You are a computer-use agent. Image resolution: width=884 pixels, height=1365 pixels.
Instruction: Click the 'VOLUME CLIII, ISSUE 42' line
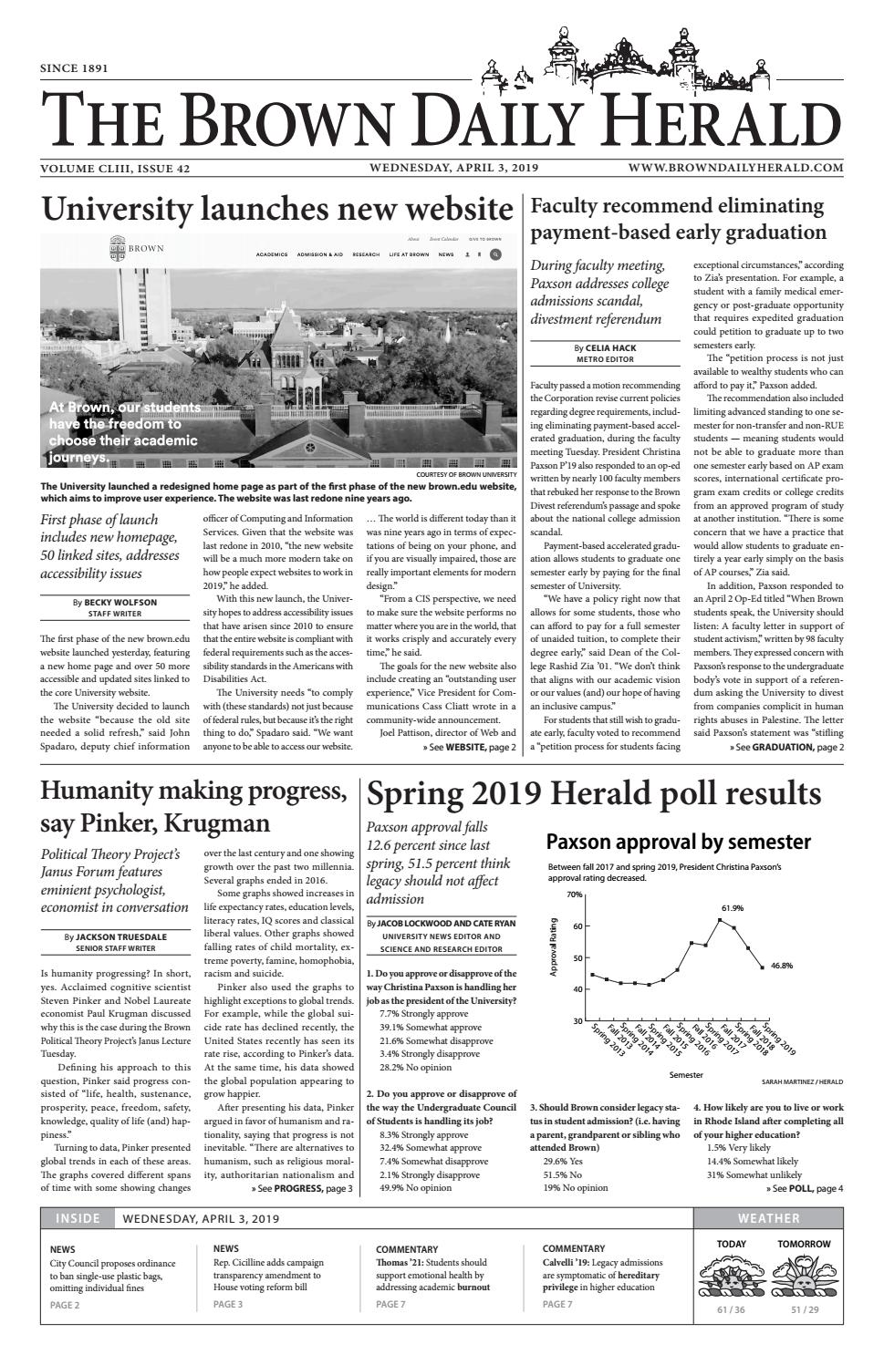115,169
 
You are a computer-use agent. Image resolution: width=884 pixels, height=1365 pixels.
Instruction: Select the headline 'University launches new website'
277,210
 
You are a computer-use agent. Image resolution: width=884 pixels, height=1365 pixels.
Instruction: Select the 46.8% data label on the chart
781,966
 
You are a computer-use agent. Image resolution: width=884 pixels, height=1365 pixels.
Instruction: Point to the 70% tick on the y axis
574,894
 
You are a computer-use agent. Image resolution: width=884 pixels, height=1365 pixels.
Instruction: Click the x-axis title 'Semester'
686,1075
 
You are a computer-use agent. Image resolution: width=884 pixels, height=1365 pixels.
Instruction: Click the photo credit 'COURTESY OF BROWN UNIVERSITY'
464,475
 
